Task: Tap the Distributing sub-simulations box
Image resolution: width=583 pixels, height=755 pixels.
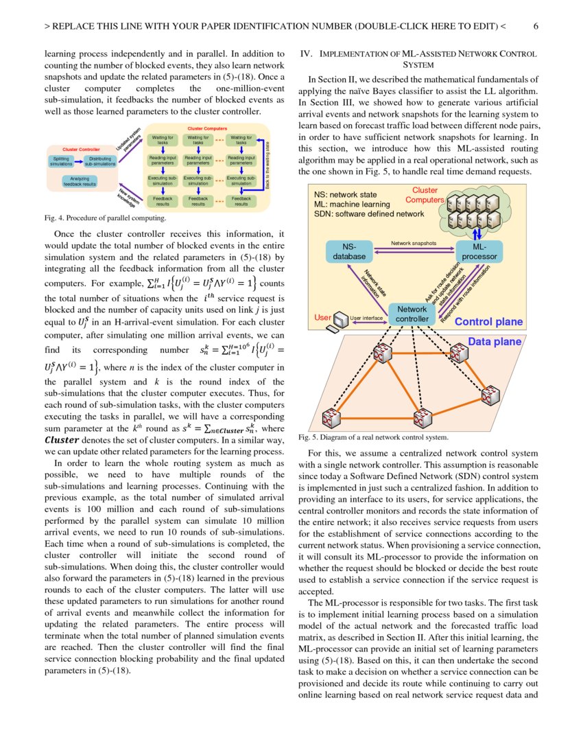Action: coord(100,162)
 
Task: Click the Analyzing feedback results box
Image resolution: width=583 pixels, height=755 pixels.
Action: coord(80,181)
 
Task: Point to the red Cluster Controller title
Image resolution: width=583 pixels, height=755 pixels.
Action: coord(81,149)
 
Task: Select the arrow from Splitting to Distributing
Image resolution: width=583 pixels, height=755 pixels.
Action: coord(79,162)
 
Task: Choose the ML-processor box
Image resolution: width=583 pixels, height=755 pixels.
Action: coord(479,251)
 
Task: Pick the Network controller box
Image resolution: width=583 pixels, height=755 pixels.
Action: coord(412,314)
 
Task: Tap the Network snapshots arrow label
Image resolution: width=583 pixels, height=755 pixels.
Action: coord(414,243)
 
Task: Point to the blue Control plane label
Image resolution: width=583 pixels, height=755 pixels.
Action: coord(488,322)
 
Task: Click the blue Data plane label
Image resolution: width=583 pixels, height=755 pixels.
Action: coord(495,341)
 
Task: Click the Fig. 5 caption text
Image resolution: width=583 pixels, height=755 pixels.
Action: coord(374,437)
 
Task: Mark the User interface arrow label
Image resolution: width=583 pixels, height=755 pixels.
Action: coord(366,318)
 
